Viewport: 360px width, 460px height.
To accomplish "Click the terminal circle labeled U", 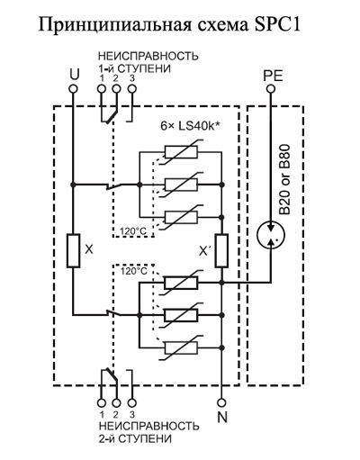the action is coord(73,89).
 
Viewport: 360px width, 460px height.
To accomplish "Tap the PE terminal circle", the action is coord(271,88).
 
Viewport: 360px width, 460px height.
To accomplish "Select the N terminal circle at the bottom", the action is coord(221,402).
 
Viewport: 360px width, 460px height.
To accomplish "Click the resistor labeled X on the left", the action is coord(73,250).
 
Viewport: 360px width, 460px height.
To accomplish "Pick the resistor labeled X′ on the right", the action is coord(221,250).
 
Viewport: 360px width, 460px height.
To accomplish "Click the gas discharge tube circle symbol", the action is coord(271,235).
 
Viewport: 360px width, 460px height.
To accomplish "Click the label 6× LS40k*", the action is coord(190,126).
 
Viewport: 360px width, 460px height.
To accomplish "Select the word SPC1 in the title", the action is coord(276,24).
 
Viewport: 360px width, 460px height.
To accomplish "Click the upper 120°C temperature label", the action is coord(133,231).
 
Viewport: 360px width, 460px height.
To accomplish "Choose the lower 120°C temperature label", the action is coord(134,271).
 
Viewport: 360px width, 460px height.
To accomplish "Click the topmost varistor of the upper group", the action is coord(181,152).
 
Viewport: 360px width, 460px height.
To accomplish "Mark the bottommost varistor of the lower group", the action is coord(181,347).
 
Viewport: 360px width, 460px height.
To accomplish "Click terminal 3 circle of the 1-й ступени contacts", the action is coord(132,89).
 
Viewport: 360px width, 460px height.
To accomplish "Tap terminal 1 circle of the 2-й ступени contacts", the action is coord(102,402).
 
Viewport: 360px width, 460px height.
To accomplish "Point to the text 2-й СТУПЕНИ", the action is coord(135,438).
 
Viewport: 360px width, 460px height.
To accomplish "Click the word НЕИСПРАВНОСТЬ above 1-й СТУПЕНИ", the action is coord(148,56).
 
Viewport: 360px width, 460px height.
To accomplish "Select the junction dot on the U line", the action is coord(73,185).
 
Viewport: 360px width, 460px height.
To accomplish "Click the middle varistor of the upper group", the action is coord(181,185).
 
